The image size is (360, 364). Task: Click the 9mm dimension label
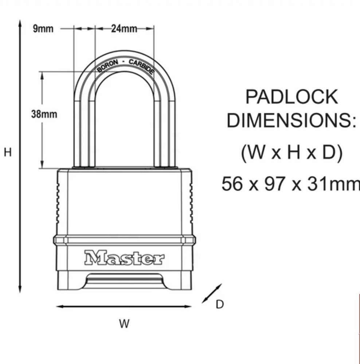coord(43,29)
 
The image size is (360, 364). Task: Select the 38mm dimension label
coord(44,114)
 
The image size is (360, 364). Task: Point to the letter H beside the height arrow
coord(8,152)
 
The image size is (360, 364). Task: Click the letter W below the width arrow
coord(124,324)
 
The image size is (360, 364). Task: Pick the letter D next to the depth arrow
coord(220,305)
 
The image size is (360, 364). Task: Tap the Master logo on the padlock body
coord(124,258)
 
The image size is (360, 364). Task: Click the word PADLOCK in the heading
coord(291,97)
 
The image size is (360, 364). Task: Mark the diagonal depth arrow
coord(212,293)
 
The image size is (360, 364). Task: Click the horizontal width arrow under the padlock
coord(124,306)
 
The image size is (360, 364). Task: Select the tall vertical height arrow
coord(20,157)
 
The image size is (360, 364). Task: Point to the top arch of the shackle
coord(124,55)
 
